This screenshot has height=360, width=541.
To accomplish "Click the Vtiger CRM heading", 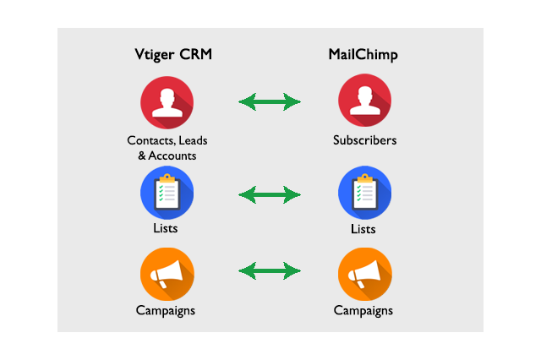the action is point(173,54).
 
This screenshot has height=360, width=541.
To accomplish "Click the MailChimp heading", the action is point(363,54).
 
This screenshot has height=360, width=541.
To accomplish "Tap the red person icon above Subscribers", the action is point(364,101).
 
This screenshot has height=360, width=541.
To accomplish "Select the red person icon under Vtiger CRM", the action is point(167,102).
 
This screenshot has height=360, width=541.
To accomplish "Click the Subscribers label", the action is point(364,140).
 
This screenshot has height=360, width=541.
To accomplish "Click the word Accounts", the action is point(172,155).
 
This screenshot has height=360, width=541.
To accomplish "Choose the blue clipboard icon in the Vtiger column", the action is point(167,193).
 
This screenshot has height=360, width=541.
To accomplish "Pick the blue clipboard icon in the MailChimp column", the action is point(364,193).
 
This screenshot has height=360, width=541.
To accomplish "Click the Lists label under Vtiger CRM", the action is point(166,228).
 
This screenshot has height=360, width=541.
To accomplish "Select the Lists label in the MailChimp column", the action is point(363,229).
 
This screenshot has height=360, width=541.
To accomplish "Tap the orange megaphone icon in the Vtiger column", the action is point(167,274).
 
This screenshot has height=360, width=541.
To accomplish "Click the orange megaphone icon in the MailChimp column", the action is point(364,274).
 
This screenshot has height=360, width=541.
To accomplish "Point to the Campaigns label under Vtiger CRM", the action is point(166,310).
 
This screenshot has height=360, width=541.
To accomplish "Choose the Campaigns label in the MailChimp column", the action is point(363,310).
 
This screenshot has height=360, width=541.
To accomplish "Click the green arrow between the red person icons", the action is point(270,101).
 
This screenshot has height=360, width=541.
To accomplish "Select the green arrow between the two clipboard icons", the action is point(270,195).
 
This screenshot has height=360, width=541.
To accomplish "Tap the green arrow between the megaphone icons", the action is point(270,270).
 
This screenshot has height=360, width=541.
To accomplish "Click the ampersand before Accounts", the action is point(142,155).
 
